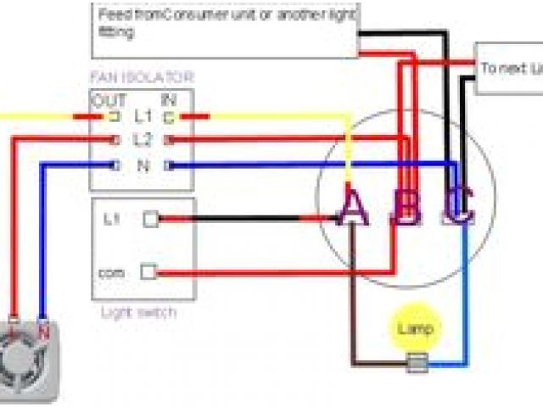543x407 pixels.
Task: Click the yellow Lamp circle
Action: pos(414,328)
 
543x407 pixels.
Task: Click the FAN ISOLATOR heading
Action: pos(142,77)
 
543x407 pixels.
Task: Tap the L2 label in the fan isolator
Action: pos(143,139)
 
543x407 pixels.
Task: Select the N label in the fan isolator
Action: pos(143,165)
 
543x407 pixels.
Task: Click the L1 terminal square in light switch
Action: pos(150,219)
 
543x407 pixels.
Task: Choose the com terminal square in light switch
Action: pos(148,272)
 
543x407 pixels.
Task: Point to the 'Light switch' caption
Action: pos(139,313)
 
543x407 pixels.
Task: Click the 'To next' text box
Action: pos(508,68)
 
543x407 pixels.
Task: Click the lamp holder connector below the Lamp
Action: pos(417,365)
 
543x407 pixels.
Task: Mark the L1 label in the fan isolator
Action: pos(143,116)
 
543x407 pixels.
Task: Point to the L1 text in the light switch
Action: pos(111,219)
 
